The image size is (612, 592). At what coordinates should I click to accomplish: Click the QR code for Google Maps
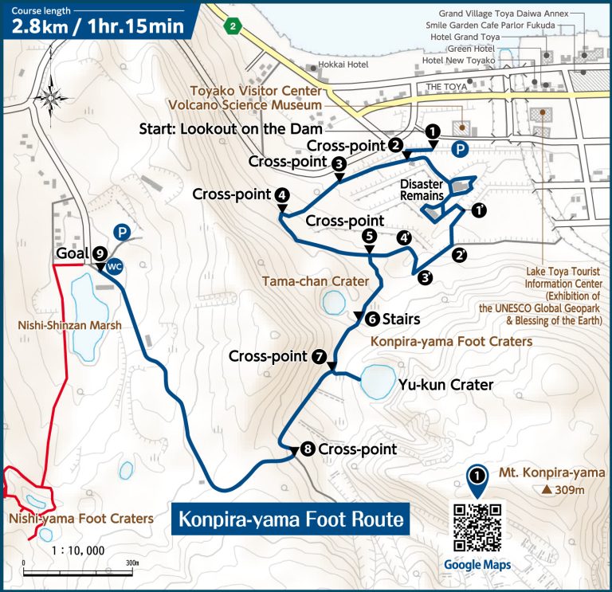pos(477,527)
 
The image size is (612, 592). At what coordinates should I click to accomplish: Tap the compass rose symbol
pos(52,96)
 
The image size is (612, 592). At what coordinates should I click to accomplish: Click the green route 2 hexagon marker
pos(232,26)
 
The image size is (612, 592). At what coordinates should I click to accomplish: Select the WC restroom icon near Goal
pos(114,267)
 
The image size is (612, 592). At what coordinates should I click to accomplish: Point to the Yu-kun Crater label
pos(445,385)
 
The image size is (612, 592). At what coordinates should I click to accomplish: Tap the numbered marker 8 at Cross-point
pos(308,449)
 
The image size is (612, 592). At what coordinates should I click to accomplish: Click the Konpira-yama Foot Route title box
pos(289,519)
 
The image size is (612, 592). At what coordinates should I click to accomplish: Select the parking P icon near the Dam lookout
pos(460,149)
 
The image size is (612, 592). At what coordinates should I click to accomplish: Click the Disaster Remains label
pos(422,190)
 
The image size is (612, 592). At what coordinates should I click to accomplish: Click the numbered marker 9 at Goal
pos(100,253)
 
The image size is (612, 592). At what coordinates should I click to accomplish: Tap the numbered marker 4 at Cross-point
pos(281,194)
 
